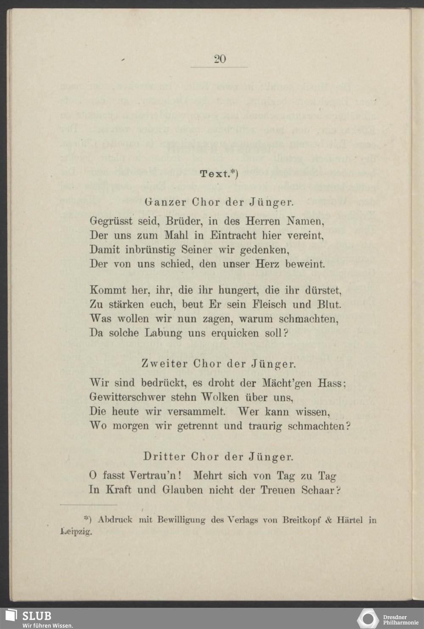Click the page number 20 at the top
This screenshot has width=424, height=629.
pyautogui.click(x=220, y=59)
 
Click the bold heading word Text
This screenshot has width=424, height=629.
pyautogui.click(x=215, y=174)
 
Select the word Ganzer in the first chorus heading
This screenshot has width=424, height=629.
pyautogui.click(x=165, y=202)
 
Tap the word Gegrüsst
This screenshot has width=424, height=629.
pyautogui.click(x=110, y=221)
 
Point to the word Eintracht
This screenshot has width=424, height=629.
pyautogui.click(x=233, y=235)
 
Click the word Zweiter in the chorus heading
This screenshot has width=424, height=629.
pyautogui.click(x=164, y=364)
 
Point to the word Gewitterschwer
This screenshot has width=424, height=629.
pyautogui.click(x=127, y=397)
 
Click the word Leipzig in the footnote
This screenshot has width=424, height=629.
pyautogui.click(x=76, y=531)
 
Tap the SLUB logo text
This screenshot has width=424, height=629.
pyautogui.click(x=37, y=616)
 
